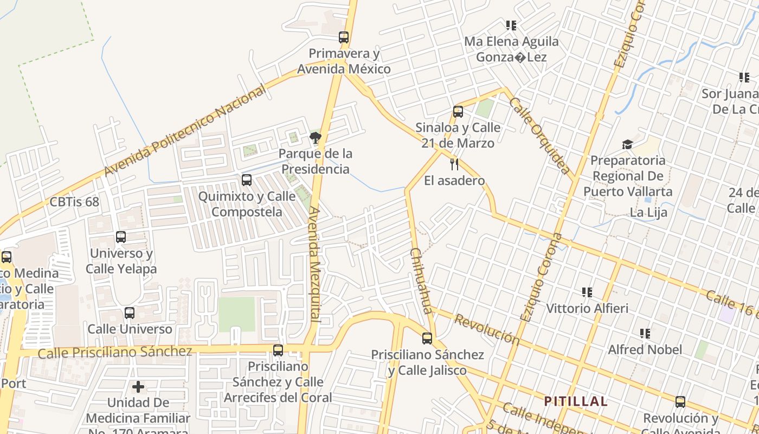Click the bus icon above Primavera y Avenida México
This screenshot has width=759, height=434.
click(x=343, y=37)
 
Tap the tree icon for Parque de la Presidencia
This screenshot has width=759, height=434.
click(x=315, y=138)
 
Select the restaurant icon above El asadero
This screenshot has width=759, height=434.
click(x=454, y=164)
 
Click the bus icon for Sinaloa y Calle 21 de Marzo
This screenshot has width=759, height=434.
click(x=458, y=112)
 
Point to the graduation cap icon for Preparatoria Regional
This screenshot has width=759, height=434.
click(x=627, y=144)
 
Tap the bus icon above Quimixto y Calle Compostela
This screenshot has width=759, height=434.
click(x=247, y=180)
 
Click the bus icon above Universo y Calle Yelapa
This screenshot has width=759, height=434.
click(x=121, y=237)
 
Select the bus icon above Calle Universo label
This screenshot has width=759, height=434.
click(x=129, y=313)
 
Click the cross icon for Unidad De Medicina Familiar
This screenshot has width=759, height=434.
click(x=138, y=387)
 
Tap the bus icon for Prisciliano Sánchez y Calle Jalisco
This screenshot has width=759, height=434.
click(x=427, y=339)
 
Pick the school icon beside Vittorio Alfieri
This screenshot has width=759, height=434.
click(x=587, y=293)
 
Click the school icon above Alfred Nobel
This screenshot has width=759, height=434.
click(x=645, y=333)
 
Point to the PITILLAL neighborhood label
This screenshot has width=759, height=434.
click(x=575, y=401)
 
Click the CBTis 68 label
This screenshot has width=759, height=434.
click(x=74, y=202)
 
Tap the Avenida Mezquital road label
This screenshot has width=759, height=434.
click(x=316, y=264)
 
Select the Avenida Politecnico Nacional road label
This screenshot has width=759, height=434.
click(x=185, y=130)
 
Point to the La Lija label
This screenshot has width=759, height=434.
click(x=648, y=212)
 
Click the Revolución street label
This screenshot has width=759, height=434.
click(x=486, y=329)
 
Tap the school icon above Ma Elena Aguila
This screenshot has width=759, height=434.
click(x=511, y=25)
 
